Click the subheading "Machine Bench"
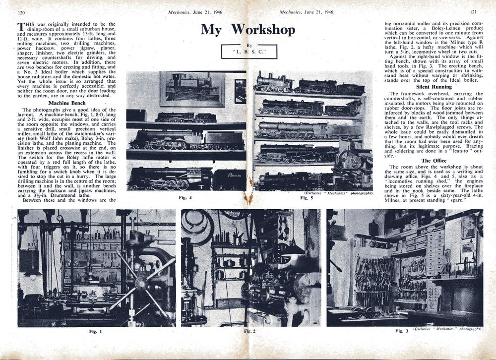pyautogui.click(x=66, y=103)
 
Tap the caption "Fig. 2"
pyautogui.click(x=249, y=331)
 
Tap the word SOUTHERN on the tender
pyautogui.click(x=229, y=175)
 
